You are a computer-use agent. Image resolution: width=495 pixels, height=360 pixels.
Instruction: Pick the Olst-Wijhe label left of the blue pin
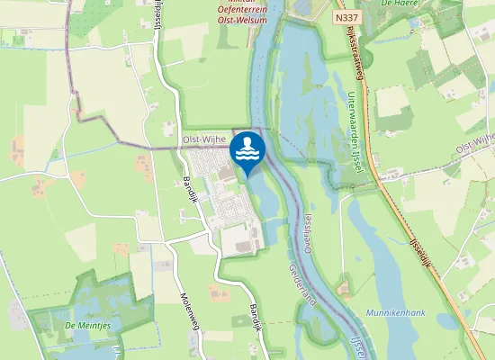pyautogui.click(x=204, y=139)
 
